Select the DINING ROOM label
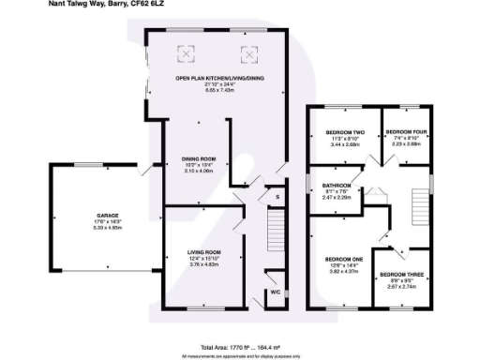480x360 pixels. tap(200, 158)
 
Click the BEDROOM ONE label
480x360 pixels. tap(343, 259)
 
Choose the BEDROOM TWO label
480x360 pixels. tap(343, 132)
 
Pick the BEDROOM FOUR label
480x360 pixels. tap(406, 132)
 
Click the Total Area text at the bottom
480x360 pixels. tap(240, 348)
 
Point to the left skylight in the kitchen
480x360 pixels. tap(187, 53)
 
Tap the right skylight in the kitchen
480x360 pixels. tap(250, 53)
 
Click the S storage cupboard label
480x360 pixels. tap(276, 198)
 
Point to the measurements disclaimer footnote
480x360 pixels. tap(240, 355)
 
